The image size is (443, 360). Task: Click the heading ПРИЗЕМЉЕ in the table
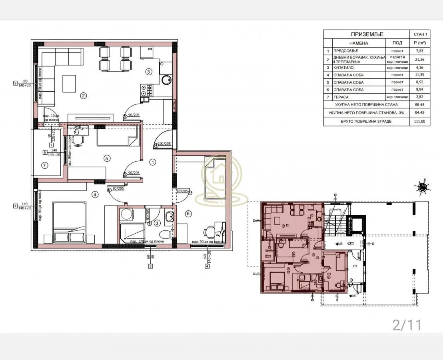(x=367, y=34)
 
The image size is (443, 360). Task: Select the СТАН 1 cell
(x=420, y=34)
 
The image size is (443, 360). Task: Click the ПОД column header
(x=397, y=43)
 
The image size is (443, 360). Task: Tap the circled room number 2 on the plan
(x=84, y=96)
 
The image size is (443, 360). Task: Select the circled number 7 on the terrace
(x=44, y=165)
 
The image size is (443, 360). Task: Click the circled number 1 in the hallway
(x=152, y=162)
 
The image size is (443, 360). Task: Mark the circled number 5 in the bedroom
(x=106, y=158)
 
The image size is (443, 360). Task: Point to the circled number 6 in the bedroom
(x=188, y=214)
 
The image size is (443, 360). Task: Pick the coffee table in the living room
(x=69, y=82)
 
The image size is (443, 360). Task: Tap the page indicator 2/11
(x=407, y=325)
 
